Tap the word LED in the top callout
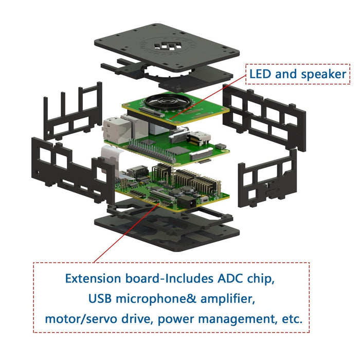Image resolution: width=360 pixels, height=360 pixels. pyautogui.click(x=261, y=75)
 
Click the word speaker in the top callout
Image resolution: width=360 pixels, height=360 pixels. pyautogui.click(x=324, y=75)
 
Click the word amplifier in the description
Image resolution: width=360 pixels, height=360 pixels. pyautogui.click(x=229, y=299)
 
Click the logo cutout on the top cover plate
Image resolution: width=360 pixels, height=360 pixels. pyautogui.click(x=169, y=48)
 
